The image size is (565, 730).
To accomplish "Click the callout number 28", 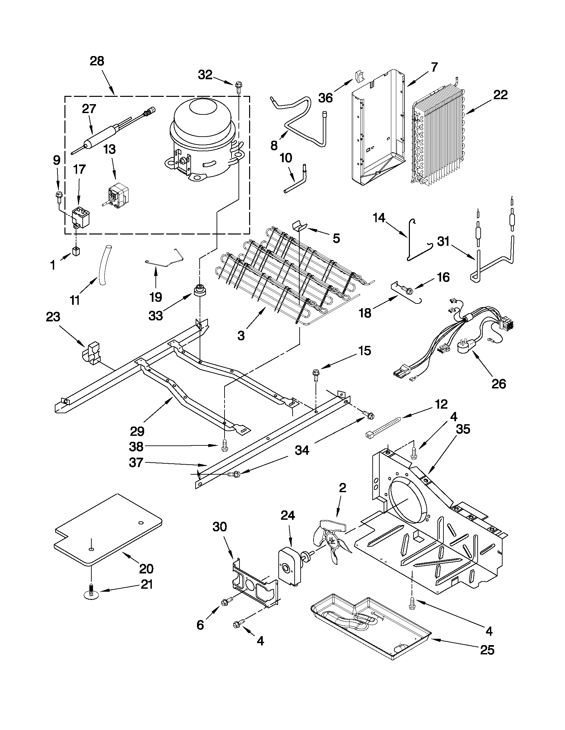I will point(97,61).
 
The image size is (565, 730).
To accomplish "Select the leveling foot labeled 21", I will point(91,593).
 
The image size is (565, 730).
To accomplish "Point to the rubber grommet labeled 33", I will point(200,290).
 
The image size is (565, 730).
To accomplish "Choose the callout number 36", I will point(325,98).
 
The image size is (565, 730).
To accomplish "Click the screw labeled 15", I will point(316,374).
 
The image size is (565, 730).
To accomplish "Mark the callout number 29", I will point(137,431).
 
